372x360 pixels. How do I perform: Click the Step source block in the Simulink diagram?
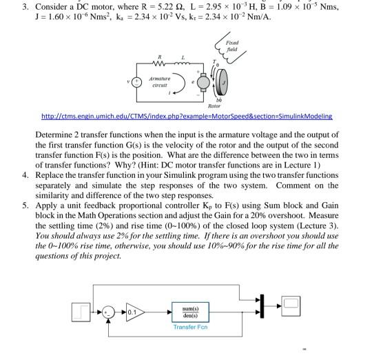81,312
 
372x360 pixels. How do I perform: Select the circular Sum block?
108,312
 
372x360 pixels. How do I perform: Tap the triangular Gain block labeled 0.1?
135,312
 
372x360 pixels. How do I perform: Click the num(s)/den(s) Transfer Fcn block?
190,312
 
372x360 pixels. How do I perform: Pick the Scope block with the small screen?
291,306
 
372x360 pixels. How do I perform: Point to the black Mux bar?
262,306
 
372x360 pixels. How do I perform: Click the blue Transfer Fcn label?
190,327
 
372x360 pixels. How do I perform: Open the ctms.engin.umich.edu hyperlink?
187,117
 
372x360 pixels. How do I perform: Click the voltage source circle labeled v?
136,82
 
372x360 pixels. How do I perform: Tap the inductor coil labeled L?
182,63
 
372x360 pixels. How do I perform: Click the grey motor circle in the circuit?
203,82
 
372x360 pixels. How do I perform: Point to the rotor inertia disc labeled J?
223,82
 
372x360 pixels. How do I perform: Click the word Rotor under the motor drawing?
214,106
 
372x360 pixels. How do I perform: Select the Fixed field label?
232,46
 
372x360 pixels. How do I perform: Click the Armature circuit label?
159,81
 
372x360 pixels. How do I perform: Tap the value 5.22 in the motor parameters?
165,7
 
